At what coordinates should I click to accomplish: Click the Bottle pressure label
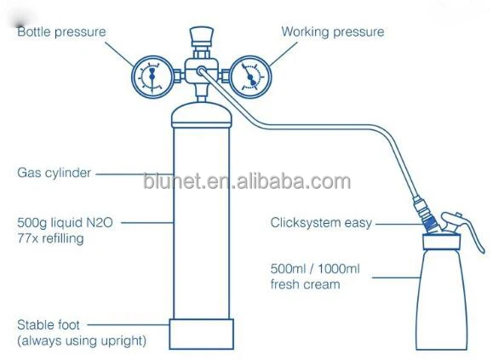(61, 32)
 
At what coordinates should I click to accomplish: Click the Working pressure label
(333, 31)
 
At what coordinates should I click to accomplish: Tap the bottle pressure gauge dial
(152, 77)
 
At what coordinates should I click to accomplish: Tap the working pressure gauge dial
(250, 77)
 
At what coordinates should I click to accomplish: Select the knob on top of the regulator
(202, 36)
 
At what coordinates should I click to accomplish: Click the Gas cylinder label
(54, 173)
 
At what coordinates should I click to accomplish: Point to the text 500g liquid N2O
(65, 222)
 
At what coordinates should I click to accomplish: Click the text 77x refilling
(50, 238)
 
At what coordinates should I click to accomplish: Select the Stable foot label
(49, 325)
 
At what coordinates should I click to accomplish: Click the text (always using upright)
(82, 340)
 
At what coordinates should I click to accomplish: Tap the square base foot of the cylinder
(202, 334)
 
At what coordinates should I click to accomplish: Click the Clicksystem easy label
(321, 223)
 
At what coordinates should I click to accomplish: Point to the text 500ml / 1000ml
(315, 269)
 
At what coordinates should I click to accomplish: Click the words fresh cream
(306, 284)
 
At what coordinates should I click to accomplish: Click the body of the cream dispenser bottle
(441, 299)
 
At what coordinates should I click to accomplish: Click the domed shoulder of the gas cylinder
(202, 114)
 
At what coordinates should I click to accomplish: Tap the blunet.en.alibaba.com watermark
(247, 181)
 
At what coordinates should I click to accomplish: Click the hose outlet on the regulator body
(201, 71)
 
